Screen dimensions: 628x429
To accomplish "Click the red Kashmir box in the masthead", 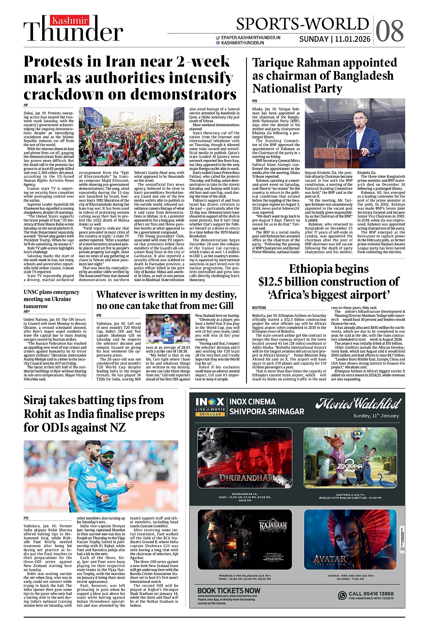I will [70, 21].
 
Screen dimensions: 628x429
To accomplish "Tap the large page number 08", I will [389, 31].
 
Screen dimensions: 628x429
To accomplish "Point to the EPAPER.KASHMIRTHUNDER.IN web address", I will [251, 38].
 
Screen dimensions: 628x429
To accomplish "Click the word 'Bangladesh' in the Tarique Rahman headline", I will [361, 76].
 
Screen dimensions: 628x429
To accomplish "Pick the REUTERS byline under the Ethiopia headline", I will [259, 308].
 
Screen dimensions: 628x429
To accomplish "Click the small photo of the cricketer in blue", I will [167, 329].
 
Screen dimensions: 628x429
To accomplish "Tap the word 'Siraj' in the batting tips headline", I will [39, 400].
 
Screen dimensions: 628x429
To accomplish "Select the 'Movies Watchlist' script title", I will [358, 404].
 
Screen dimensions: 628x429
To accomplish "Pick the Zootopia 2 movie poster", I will [350, 458].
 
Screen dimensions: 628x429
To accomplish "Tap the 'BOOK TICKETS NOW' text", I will [229, 590].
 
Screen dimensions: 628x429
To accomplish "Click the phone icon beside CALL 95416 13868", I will [342, 595].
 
